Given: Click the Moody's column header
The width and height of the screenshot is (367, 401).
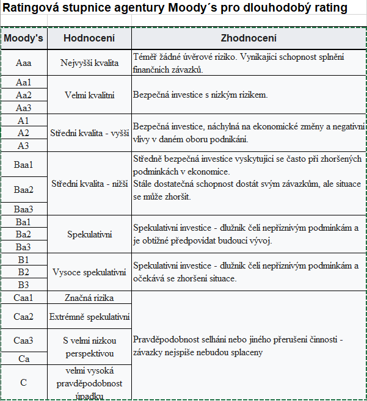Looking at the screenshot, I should [24, 38].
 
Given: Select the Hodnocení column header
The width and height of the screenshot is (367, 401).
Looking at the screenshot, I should [89, 38].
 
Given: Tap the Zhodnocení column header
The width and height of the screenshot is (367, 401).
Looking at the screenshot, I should [249, 38].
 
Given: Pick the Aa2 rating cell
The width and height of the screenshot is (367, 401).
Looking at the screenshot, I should [24, 95].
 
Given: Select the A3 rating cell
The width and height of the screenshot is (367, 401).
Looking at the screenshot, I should [24, 145].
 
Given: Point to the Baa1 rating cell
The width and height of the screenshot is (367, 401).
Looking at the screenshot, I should [24, 164].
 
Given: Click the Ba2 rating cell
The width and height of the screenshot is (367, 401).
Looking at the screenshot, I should [24, 234].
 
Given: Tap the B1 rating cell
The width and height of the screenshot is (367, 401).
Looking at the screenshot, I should [24, 259].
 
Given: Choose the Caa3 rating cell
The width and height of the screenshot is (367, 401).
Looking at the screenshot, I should [24, 341].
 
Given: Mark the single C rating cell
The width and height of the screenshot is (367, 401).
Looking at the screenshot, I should [24, 382].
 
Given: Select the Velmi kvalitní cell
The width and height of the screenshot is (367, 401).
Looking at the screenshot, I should [89, 95].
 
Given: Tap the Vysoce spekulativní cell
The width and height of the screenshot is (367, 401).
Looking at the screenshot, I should [89, 272].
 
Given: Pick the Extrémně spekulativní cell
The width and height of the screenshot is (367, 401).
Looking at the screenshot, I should [89, 317].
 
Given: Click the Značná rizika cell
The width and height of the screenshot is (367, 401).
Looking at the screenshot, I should [89, 298].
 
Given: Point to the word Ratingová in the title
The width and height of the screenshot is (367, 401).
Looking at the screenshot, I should [30, 9].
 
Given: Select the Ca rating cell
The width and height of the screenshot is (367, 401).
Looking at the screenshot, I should [24, 359].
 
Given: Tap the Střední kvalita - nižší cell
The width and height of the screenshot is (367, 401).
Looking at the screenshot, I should [89, 183].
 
